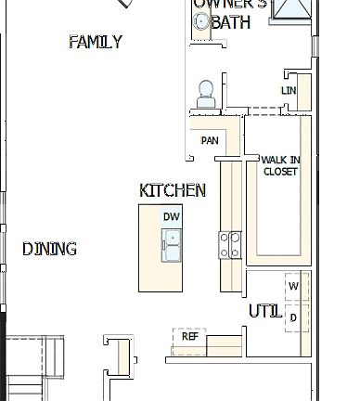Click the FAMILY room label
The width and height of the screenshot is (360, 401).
click(96, 42)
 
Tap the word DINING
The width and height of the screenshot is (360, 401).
click(49, 249)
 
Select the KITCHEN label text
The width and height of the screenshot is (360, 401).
click(173, 190)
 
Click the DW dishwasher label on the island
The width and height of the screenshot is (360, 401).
click(171, 216)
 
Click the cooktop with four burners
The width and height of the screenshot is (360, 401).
click(229, 244)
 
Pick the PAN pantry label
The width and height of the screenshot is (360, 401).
click(210, 140)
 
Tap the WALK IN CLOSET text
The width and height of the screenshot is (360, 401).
click(280, 165)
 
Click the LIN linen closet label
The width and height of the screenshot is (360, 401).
click(289, 90)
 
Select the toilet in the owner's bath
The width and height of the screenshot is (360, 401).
click(206, 93)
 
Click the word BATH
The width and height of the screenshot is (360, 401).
click(231, 23)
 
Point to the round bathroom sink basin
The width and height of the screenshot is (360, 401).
click(201, 22)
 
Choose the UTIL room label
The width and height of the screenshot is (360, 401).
click(265, 311)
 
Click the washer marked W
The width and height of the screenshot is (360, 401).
click(294, 286)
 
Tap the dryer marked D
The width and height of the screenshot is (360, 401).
click(294, 317)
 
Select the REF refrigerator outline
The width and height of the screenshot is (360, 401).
click(188, 336)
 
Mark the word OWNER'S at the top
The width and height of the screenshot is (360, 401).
click(230, 4)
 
